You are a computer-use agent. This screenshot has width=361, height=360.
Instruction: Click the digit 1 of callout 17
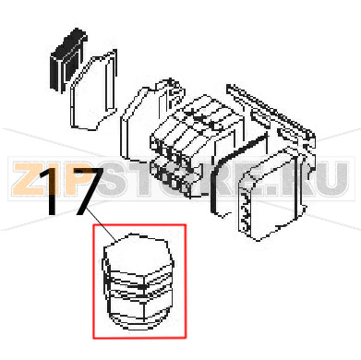pos(53,191)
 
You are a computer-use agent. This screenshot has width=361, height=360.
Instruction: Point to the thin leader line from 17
pos(101,224)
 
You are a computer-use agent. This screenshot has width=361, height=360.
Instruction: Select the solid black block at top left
pos(68,59)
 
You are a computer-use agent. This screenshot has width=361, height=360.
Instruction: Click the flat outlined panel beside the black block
pos(93,90)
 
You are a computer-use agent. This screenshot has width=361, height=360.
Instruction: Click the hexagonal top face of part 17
pos(137,255)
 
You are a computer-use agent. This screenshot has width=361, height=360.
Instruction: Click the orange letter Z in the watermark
pos(29,179)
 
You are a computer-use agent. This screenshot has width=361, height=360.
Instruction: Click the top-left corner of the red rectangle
pos(93,224)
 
